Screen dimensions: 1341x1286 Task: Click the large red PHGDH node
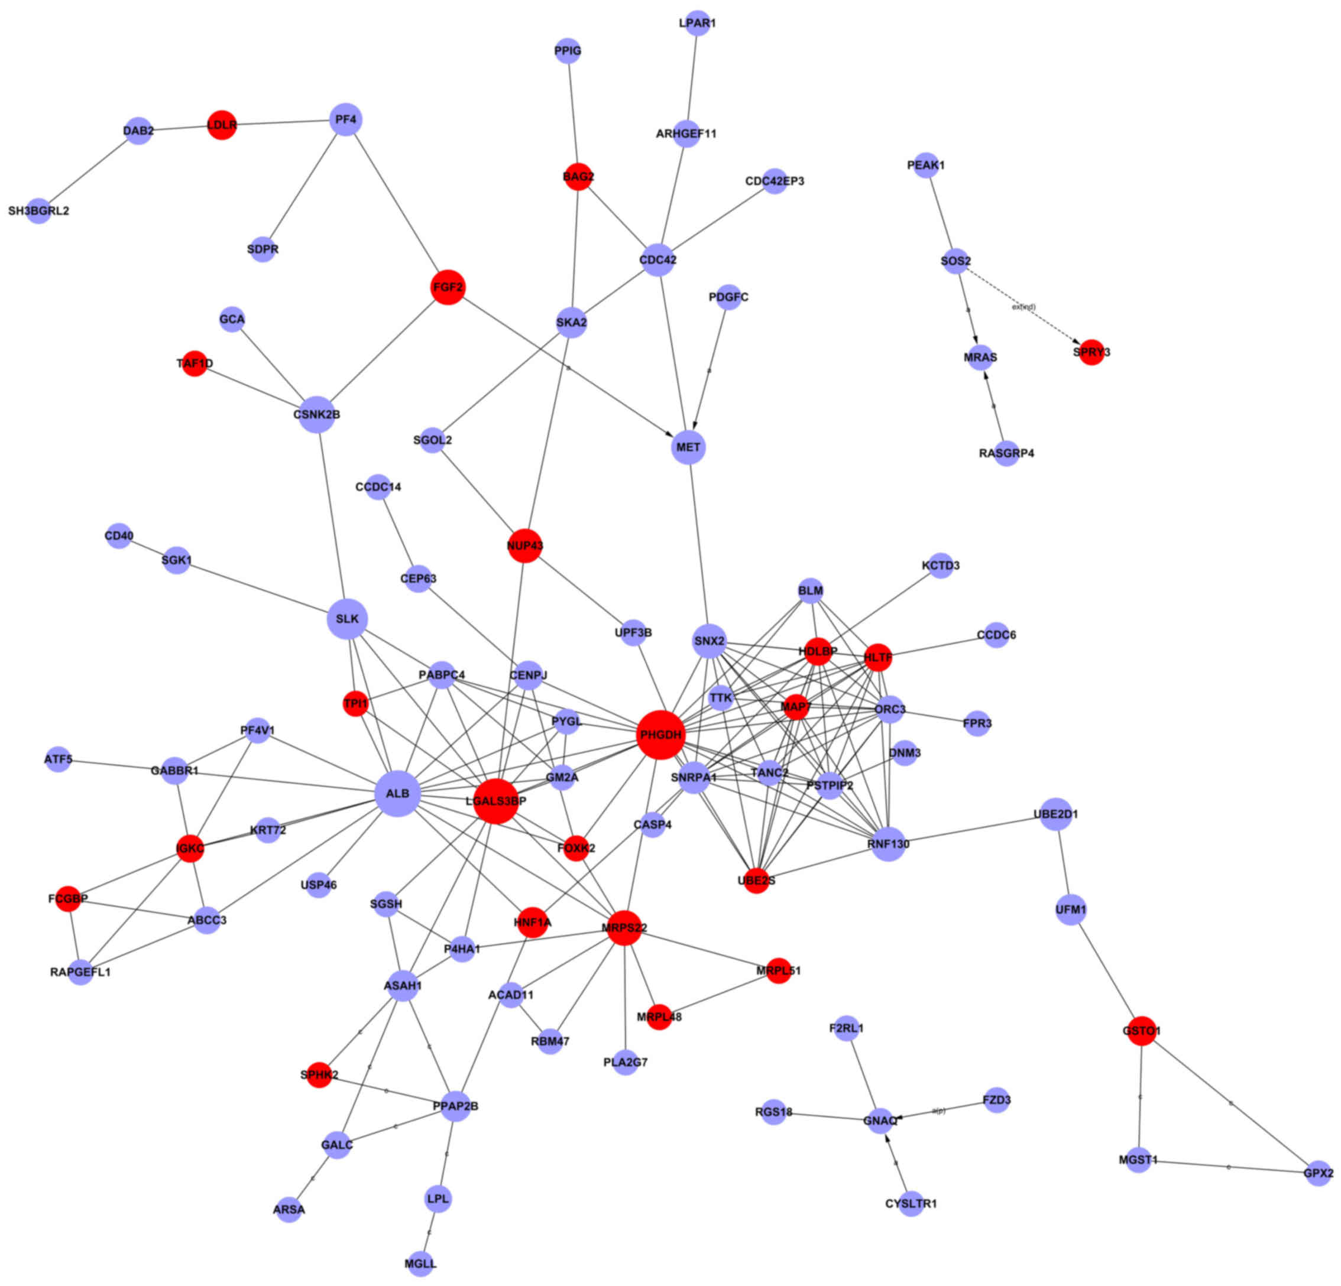click(x=660, y=735)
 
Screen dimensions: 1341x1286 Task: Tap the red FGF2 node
click(x=448, y=287)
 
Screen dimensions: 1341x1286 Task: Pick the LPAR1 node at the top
click(x=697, y=23)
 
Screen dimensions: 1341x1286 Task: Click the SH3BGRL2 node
click(x=39, y=210)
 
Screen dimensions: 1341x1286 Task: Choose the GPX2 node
click(x=1318, y=1173)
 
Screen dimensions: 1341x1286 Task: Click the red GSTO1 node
click(x=1141, y=1030)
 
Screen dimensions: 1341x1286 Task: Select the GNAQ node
click(x=880, y=1121)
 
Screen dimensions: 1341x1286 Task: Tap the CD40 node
click(x=119, y=535)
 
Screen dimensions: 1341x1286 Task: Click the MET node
click(x=688, y=447)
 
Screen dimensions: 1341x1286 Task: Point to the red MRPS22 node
click(x=624, y=927)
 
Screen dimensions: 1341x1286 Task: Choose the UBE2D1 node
click(x=1055, y=814)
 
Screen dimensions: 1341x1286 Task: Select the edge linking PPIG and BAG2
click(x=573, y=113)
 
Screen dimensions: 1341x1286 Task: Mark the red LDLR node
click(x=222, y=125)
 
